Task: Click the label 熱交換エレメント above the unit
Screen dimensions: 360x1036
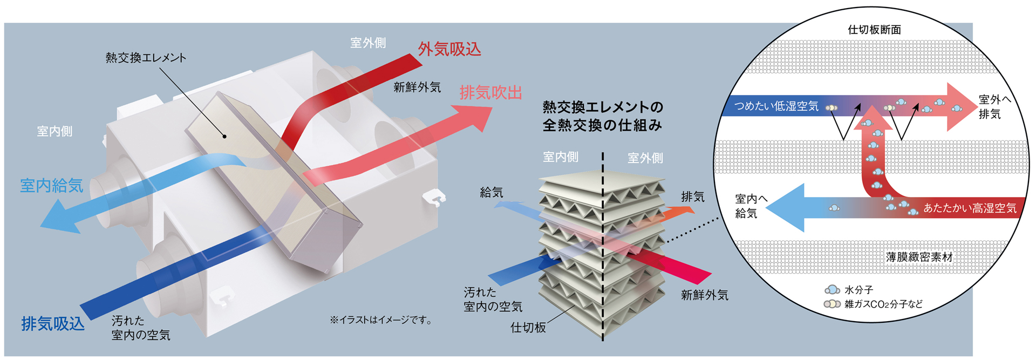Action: tap(146, 58)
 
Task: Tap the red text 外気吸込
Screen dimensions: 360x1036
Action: tap(449, 50)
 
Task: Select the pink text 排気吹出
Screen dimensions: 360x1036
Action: tap(490, 93)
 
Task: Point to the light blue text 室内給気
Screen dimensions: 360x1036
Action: tap(51, 186)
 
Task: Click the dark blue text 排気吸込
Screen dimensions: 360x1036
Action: tap(53, 323)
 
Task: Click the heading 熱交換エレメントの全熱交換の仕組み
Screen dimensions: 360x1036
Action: tap(602, 116)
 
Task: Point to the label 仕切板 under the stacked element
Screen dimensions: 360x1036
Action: tap(528, 327)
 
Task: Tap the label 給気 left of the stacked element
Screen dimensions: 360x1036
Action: tap(491, 192)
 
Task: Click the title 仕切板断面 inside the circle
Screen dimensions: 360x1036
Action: tap(874, 30)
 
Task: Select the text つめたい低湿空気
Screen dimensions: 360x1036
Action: tap(776, 106)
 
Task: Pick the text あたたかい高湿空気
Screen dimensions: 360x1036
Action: tap(970, 208)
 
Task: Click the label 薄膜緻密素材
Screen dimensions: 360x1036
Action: tap(919, 257)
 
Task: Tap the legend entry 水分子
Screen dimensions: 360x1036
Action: tap(858, 290)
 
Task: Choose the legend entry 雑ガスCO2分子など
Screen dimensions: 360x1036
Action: tap(883, 304)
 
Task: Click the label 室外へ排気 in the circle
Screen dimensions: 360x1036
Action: tap(994, 107)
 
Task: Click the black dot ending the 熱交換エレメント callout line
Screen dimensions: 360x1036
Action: tap(225, 137)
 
